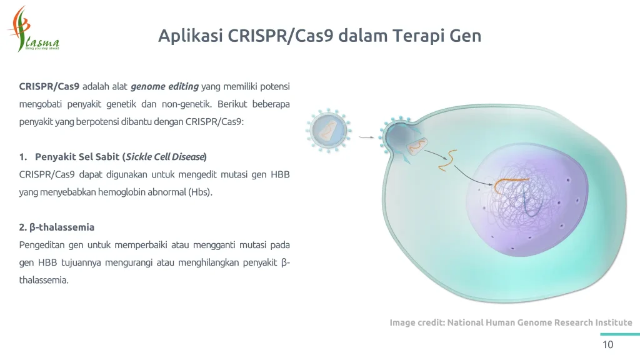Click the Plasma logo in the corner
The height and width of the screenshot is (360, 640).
34,30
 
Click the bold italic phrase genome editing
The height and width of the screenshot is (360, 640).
164,86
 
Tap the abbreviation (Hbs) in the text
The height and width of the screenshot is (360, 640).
200,192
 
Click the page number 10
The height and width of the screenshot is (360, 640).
607,345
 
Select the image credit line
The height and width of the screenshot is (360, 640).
511,322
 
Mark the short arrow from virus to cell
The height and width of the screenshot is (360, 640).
367,137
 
